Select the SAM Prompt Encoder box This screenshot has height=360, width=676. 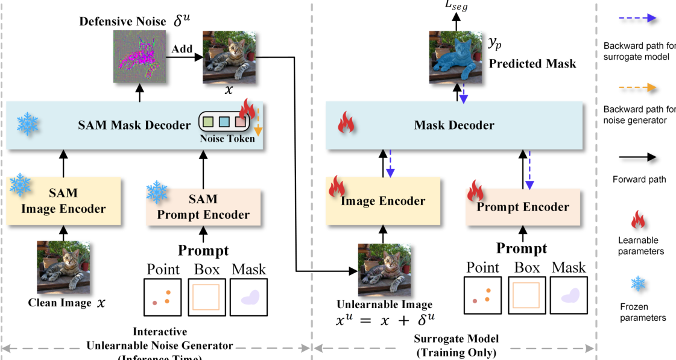click(202, 207)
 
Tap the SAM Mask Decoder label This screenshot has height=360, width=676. click(134, 125)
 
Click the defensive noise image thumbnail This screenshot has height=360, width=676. click(140, 56)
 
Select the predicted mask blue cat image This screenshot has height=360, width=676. click(456, 57)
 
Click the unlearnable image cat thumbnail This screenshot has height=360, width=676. click(384, 268)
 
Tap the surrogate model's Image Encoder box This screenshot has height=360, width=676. click(384, 201)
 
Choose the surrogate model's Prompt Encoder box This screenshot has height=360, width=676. click(523, 206)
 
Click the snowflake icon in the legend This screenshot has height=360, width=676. click(638, 284)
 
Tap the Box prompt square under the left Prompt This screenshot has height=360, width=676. click(207, 297)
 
